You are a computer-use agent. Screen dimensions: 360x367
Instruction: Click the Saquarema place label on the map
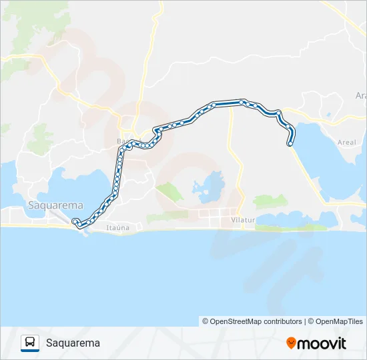[55, 205]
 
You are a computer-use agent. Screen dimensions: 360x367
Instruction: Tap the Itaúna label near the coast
[117, 228]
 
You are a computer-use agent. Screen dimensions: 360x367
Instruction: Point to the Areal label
[346, 142]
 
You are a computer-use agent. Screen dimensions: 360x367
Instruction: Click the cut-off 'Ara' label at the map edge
[361, 95]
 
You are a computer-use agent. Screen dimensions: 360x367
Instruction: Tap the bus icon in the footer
[30, 343]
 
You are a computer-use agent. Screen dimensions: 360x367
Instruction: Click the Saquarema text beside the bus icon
[73, 343]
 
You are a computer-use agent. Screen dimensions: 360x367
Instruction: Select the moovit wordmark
[322, 343]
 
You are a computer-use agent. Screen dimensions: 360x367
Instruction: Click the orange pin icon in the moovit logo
[291, 343]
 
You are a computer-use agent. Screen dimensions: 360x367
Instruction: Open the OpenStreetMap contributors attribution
[252, 321]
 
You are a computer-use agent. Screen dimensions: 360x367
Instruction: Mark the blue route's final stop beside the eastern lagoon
[290, 143]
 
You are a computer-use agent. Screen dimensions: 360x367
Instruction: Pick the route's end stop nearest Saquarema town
[75, 221]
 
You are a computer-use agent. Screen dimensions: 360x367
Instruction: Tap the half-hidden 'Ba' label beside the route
[121, 141]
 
